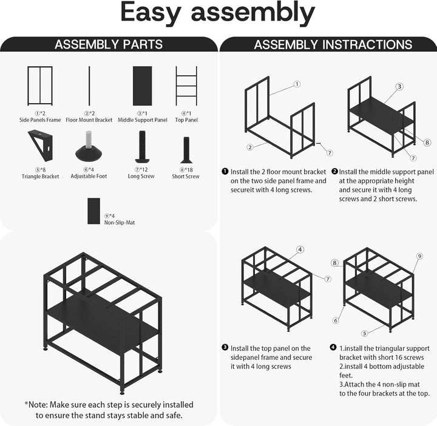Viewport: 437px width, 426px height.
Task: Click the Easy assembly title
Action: tap(218, 13)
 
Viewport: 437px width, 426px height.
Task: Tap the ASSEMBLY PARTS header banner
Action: tap(109, 44)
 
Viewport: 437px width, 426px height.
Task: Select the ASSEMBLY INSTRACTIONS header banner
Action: tap(328, 44)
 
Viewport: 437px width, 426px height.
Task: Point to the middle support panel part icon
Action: tap(143, 86)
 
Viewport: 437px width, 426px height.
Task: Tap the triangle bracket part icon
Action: tap(41, 146)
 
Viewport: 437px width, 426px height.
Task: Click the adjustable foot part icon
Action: tap(89, 146)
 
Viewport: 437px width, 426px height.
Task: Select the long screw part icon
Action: tap(142, 147)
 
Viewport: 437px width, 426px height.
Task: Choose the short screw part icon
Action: tap(186, 150)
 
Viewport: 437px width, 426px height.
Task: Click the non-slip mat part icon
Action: tap(93, 211)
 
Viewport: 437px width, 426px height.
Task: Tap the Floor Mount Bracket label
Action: tap(89, 120)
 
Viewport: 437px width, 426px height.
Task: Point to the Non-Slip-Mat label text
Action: tap(120, 223)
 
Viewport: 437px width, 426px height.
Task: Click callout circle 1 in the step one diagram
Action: tap(297, 84)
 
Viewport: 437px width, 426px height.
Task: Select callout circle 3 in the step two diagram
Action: tap(399, 87)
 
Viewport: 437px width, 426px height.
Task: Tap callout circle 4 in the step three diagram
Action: tap(300, 249)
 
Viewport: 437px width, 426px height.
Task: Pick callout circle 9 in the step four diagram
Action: tap(419, 256)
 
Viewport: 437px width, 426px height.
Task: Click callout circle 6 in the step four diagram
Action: tap(336, 320)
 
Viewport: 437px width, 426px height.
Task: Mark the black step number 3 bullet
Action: tap(225, 348)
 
